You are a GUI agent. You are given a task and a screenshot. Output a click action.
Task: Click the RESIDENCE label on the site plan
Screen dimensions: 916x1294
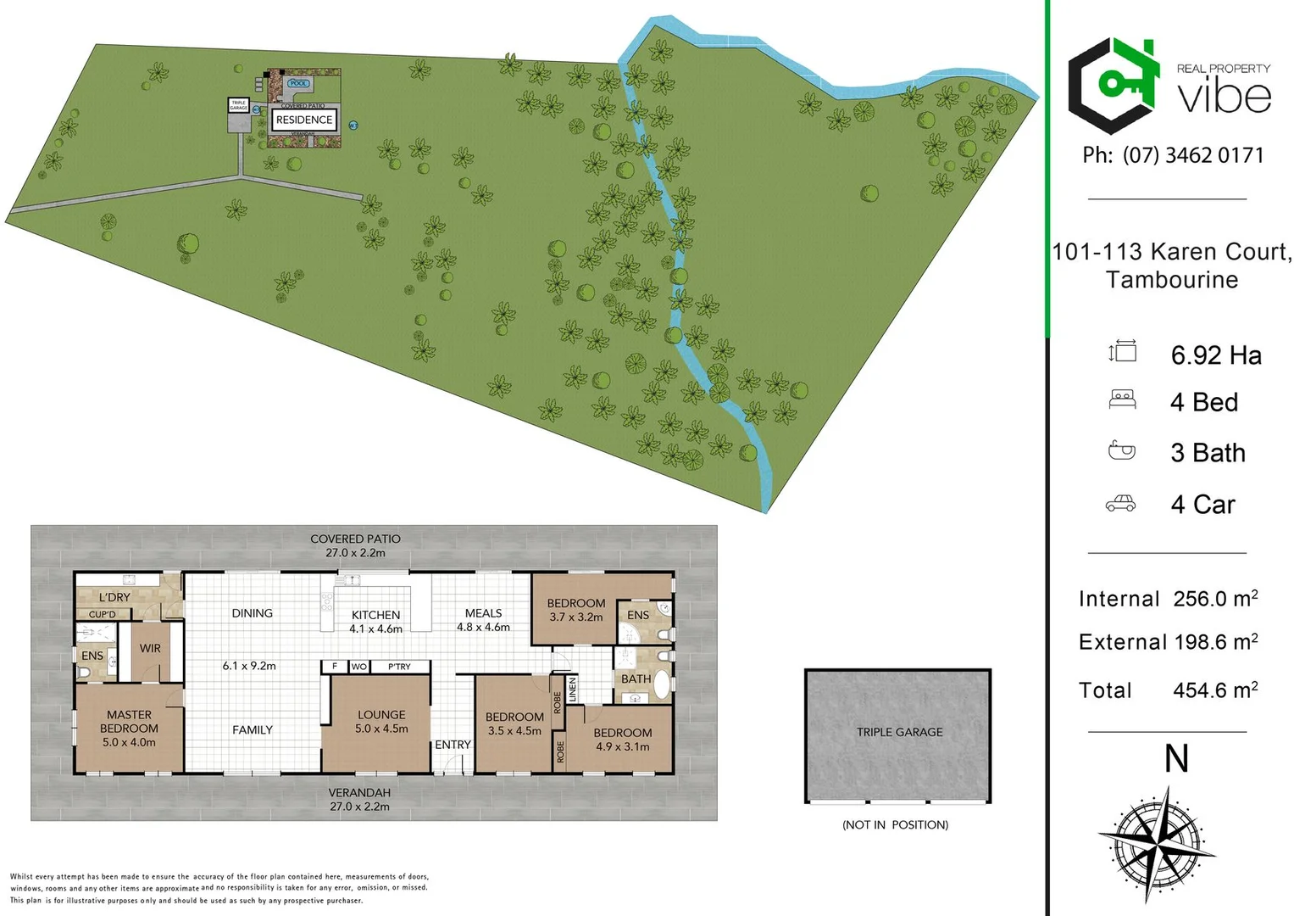point(304,120)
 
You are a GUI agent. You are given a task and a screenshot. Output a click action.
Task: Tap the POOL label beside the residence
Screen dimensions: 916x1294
point(298,83)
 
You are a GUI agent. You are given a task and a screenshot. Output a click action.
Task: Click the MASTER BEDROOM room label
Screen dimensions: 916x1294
point(129,728)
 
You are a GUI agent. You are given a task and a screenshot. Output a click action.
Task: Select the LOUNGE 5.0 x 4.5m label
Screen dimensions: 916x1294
point(381,721)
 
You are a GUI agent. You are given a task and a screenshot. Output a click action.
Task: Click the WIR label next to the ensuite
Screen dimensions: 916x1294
point(150,648)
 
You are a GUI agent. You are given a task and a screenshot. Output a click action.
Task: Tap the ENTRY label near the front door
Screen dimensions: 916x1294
point(453,744)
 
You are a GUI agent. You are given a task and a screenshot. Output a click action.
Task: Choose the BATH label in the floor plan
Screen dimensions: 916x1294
point(636,679)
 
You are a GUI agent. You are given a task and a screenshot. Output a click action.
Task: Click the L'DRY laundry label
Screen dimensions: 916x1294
point(114,597)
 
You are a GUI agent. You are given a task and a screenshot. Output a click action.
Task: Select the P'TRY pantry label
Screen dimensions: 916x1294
point(399,667)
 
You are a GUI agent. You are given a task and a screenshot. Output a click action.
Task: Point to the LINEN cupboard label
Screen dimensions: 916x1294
point(572,689)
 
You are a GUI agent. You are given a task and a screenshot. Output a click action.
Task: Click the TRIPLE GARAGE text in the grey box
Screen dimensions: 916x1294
point(899,732)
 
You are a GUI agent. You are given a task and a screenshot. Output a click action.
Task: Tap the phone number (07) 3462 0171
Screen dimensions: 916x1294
point(1193,155)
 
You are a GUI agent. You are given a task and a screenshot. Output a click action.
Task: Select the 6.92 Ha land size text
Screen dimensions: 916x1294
point(1216,355)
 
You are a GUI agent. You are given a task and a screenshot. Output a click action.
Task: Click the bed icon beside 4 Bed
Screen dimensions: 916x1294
point(1122,399)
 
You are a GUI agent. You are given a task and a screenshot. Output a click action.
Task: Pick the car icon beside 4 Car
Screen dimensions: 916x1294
point(1120,504)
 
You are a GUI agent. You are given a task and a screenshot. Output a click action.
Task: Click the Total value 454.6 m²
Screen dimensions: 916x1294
point(1214,690)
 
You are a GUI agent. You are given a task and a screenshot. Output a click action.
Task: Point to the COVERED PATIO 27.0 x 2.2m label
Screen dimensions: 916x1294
point(355,545)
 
